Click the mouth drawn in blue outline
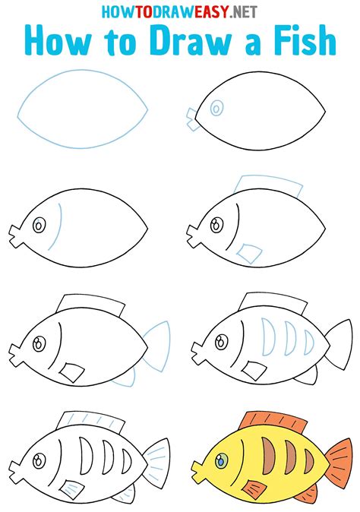[x=191, y=115]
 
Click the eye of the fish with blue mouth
[x=216, y=109]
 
